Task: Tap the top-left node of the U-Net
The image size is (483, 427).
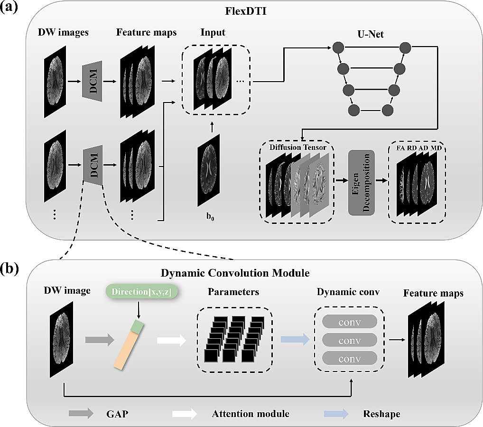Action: (338, 47)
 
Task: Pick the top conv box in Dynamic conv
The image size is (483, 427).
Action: (350, 322)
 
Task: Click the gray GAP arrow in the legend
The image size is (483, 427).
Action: (81, 413)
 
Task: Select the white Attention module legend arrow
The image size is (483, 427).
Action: (184, 413)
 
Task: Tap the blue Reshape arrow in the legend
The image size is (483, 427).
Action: (337, 413)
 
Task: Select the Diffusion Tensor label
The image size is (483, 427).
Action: (297, 147)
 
